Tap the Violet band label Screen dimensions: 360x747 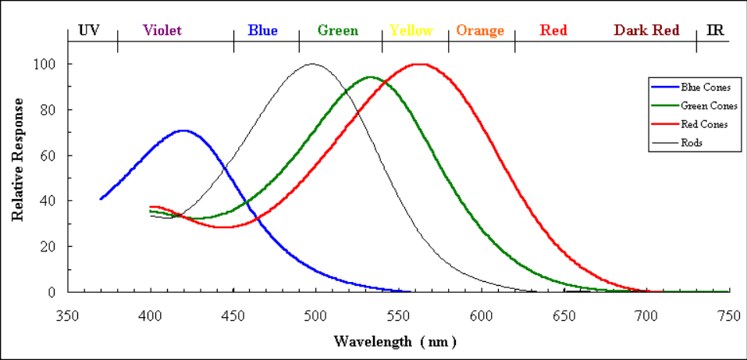[162, 30]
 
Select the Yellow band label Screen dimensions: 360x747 [411, 30]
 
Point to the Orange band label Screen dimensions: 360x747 [480, 30]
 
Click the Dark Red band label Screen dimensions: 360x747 [646, 30]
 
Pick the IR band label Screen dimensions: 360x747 [714, 30]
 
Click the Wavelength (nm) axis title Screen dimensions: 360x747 [396, 341]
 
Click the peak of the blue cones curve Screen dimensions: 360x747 [183, 130]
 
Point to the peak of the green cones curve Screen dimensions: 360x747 [370, 77]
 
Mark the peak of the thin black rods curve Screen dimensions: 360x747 [311, 64]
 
